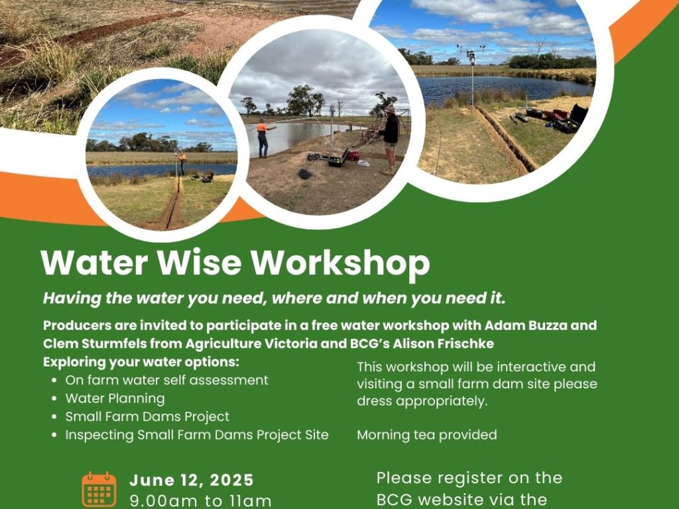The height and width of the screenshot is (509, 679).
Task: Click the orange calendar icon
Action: (99, 489)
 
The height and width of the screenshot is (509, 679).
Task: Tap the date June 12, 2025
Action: (192, 480)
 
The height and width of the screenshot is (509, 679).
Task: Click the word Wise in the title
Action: (199, 262)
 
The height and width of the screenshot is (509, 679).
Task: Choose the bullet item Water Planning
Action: (115, 398)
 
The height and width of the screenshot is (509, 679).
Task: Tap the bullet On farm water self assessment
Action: (166, 380)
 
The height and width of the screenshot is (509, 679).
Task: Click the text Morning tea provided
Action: (427, 435)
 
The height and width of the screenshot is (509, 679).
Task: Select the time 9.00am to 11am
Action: (200, 500)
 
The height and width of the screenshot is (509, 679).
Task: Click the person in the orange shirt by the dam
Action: (263, 138)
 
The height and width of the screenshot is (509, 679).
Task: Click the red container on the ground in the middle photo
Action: (354, 155)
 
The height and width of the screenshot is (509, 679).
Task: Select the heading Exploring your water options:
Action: (141, 362)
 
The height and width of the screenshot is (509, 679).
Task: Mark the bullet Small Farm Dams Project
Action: (147, 417)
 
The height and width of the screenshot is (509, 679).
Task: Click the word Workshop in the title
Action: (340, 263)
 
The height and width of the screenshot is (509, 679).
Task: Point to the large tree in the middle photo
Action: (305, 100)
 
